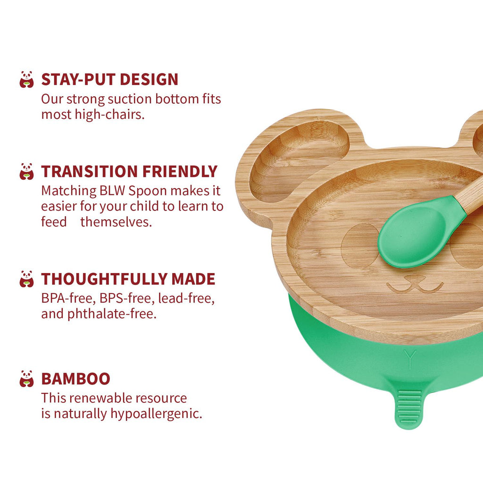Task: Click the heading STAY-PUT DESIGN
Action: [109, 79]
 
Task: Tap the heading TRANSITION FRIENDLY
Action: [129, 172]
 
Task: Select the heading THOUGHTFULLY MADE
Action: [128, 279]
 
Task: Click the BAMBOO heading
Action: [76, 379]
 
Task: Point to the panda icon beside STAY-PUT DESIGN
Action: [26, 79]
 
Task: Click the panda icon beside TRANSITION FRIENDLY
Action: [26, 172]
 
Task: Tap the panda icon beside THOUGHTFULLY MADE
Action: [26, 279]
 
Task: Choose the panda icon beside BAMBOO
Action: [26, 379]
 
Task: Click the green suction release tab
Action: [409, 407]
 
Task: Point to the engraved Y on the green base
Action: [410, 359]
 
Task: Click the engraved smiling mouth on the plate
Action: [415, 284]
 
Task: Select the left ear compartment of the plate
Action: [299, 160]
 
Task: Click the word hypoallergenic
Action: [156, 414]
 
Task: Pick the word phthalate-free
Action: [112, 314]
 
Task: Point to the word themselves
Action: [116, 222]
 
